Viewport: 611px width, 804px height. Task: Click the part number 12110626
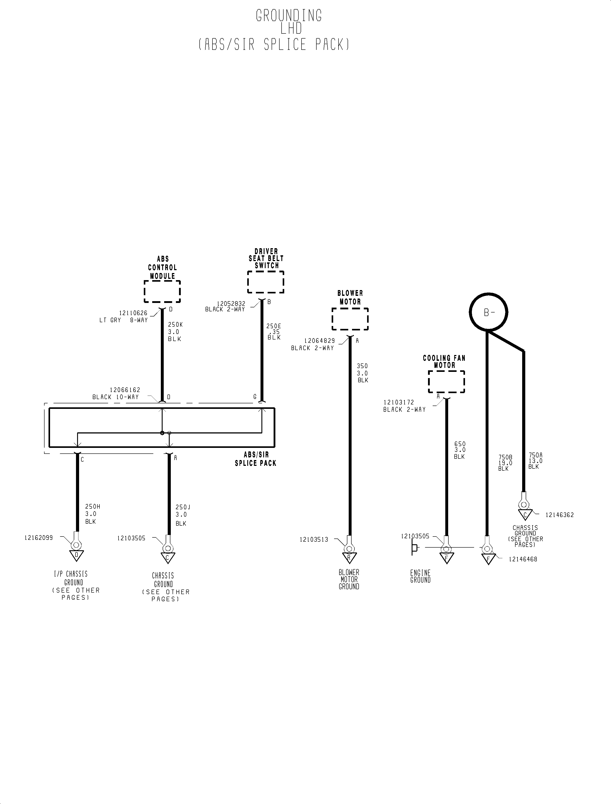coord(133,313)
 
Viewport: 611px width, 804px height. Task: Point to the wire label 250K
coord(175,324)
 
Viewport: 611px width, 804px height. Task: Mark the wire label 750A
coord(535,455)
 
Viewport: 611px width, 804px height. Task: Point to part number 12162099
coord(39,538)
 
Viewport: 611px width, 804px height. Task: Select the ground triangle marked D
coord(77,556)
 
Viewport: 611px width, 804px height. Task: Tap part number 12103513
coord(314,540)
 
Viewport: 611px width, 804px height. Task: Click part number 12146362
coord(560,515)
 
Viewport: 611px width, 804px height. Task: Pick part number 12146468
coord(523,559)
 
